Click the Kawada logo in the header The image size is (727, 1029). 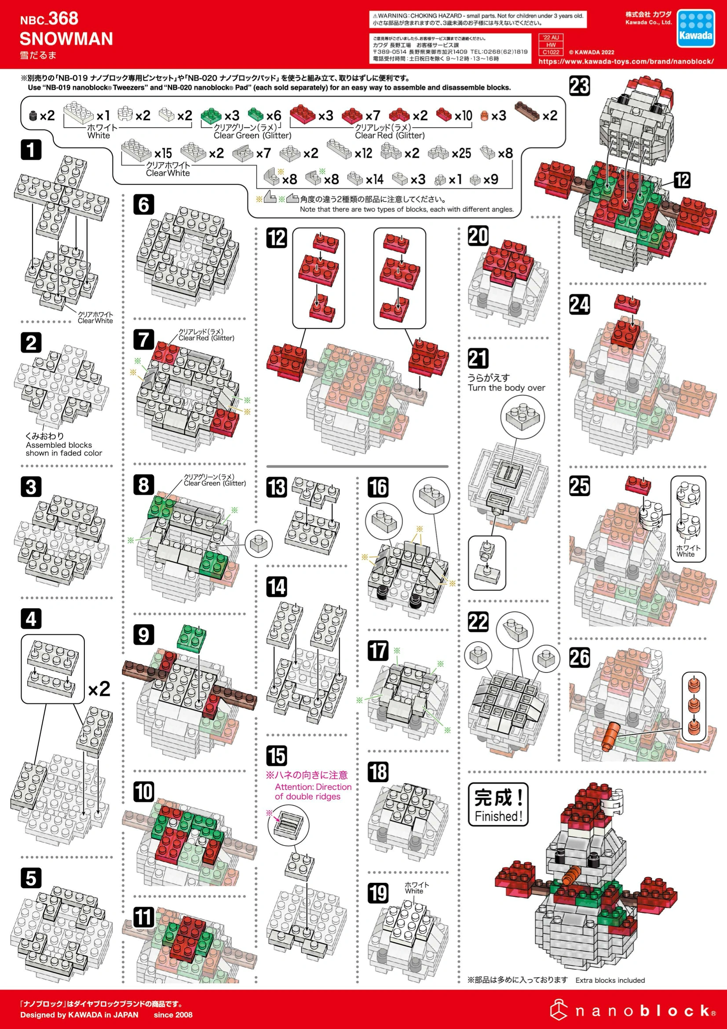[695, 28]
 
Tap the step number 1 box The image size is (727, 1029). [31, 149]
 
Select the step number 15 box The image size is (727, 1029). [276, 756]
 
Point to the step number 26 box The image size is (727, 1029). [580, 658]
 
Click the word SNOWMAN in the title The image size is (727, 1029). [66, 39]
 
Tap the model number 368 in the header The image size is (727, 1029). [63, 18]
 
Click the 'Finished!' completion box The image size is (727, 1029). [498, 805]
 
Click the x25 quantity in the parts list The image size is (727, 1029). [461, 153]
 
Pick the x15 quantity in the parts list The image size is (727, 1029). [163, 153]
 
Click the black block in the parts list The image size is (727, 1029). [32, 116]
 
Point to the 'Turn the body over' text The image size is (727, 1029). [506, 388]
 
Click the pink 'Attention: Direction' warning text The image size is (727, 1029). [313, 787]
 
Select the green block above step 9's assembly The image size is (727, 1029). [192, 638]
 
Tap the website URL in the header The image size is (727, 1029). [626, 62]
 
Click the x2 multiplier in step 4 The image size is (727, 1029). [99, 689]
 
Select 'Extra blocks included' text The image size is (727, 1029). [610, 980]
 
